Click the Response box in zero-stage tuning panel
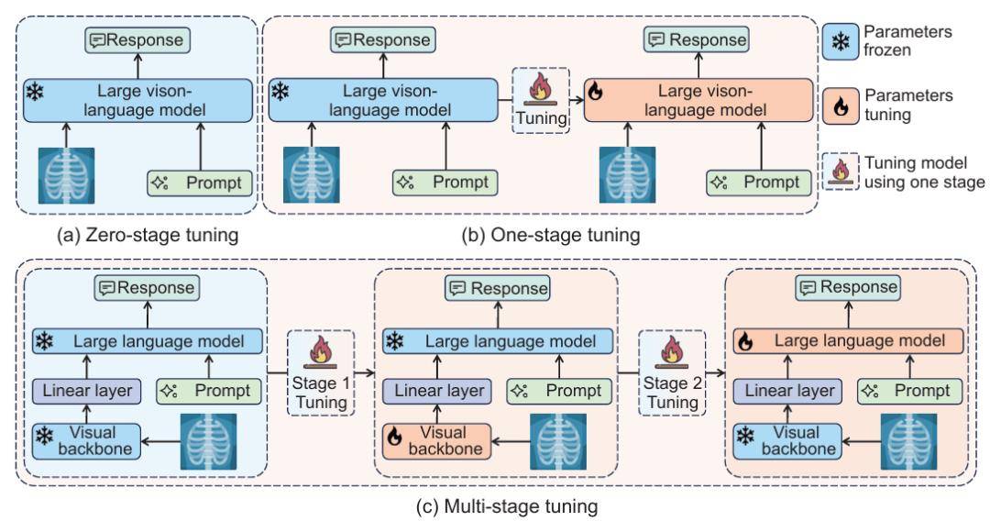[x=137, y=40]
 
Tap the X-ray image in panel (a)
[x=66, y=175]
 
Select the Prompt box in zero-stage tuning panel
[x=200, y=183]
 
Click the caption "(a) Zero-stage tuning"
[x=148, y=236]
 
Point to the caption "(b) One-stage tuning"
[x=551, y=236]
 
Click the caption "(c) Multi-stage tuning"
[x=507, y=506]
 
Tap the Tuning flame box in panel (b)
[x=541, y=100]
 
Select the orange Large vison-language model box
[x=698, y=100]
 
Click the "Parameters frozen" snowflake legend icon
[x=841, y=41]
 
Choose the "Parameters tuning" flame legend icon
[x=841, y=106]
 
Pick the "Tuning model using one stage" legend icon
[x=841, y=172]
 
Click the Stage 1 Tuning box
[x=322, y=373]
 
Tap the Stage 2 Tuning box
[x=673, y=373]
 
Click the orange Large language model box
[x=849, y=341]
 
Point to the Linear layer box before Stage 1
[x=87, y=391]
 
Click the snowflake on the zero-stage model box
[x=35, y=93]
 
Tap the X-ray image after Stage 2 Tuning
[x=908, y=441]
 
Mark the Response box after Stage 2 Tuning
[x=847, y=288]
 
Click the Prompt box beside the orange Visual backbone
[x=559, y=391]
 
